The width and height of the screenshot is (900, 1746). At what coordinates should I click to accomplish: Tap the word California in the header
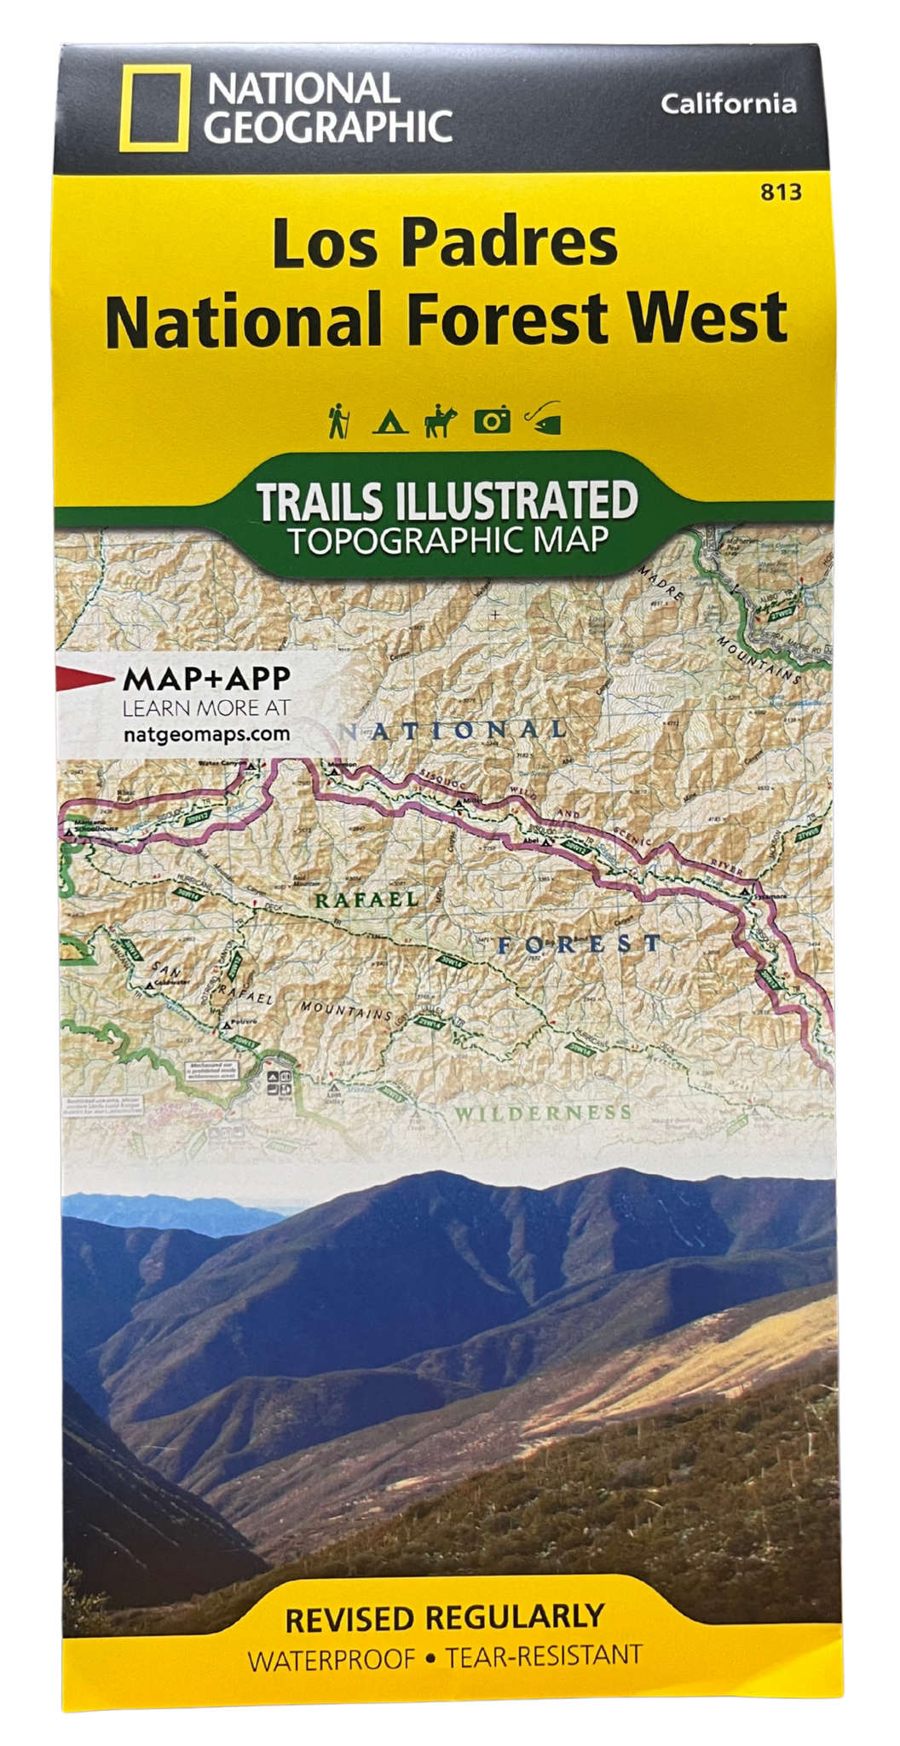pos(729,104)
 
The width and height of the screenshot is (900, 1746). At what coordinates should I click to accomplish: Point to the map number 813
pos(782,193)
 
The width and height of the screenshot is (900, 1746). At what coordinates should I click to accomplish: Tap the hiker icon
pos(338,420)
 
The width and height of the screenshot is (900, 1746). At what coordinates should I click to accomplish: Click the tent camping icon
pos(388,420)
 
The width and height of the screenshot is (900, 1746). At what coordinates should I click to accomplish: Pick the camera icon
pos(493,420)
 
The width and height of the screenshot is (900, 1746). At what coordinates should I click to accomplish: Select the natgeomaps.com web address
pos(206,733)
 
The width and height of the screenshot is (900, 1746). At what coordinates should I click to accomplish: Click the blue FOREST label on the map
pos(580,944)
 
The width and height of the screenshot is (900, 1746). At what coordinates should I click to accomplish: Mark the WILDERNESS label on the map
pos(542,1113)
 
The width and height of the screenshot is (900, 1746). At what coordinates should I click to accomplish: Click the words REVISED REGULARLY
pos(444,1617)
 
